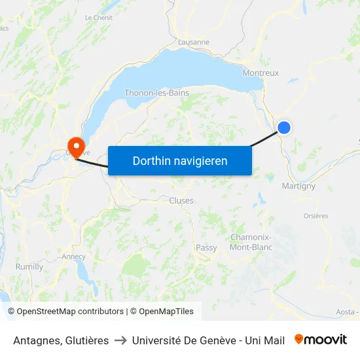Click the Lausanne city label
[x=194, y=42]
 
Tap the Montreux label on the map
[x=261, y=73]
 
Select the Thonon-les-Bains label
[x=156, y=93]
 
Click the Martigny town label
[x=298, y=186]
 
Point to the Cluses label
[x=181, y=200]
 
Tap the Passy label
[x=206, y=247]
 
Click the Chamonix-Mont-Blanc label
[x=251, y=242]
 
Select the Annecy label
[x=74, y=257]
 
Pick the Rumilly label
[x=29, y=267]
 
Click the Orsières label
[x=315, y=216]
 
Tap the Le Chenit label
[x=99, y=18]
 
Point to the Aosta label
[x=347, y=312]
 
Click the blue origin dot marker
[x=285, y=128]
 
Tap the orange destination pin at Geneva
[x=77, y=145]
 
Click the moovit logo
[x=321, y=340]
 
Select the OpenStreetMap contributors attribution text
[x=70, y=312]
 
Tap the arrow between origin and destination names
[x=120, y=340]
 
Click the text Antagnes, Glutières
[x=61, y=340]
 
